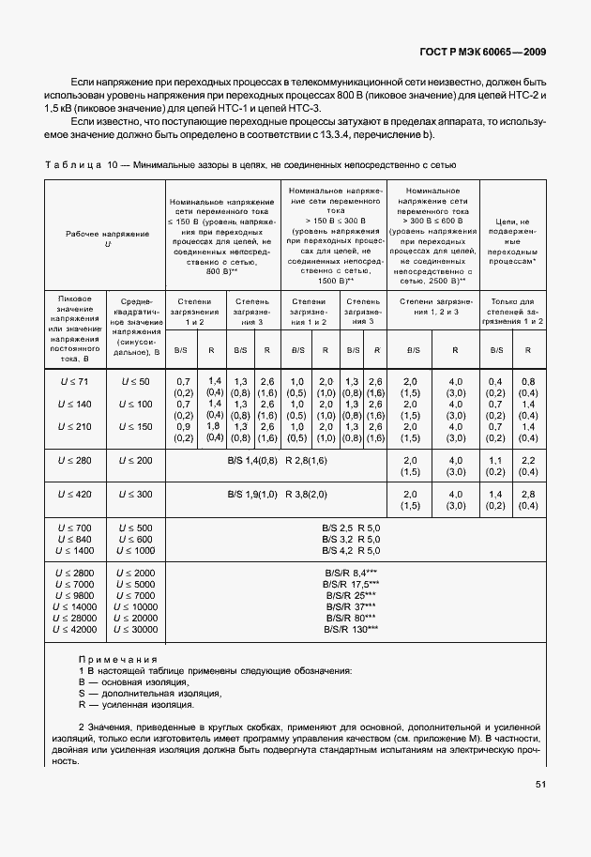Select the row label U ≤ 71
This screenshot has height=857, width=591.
pos(76,382)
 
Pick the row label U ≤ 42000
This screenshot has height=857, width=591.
pos(76,630)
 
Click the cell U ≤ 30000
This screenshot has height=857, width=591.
pos(136,630)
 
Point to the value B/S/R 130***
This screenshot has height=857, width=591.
pos(352,630)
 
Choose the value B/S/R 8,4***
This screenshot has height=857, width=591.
pos(352,572)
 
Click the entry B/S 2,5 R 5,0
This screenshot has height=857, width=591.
pos(352,529)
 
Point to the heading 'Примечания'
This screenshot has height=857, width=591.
pos(117,659)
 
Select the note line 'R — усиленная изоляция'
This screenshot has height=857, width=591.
pos(137,705)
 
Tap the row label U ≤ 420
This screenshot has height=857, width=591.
pos(76,494)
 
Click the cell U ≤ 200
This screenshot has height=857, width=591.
pos(136,461)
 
